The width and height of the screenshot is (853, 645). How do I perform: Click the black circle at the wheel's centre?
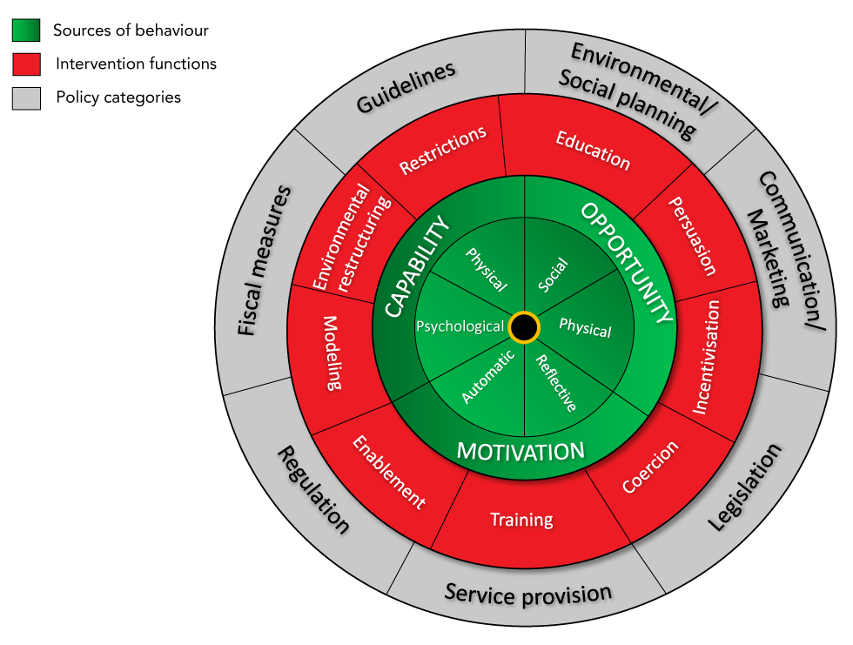click(524, 327)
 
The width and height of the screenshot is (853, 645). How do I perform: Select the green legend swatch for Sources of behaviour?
click(26, 30)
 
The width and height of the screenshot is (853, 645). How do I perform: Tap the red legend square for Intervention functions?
click(26, 64)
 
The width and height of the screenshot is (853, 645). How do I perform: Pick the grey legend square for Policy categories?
click(26, 97)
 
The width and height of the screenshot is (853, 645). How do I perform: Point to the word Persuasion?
click(692, 235)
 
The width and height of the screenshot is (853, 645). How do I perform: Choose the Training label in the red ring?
click(521, 520)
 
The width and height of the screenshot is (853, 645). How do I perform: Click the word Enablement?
click(389, 472)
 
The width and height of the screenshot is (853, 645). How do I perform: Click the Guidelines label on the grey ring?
click(406, 89)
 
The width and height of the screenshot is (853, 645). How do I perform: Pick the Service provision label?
click(528, 594)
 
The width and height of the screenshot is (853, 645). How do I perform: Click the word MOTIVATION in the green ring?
click(521, 452)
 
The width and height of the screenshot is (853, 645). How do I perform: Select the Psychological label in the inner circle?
click(460, 326)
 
